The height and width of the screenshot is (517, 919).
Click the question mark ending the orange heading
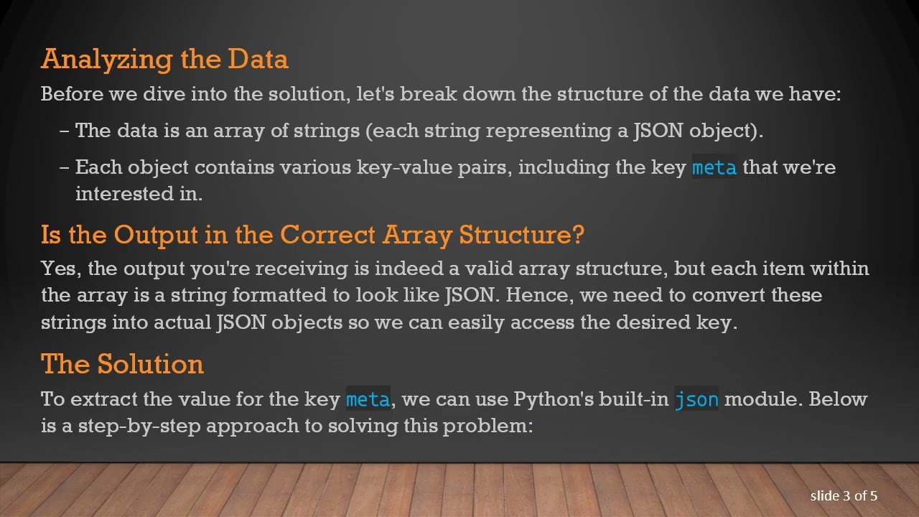tap(579, 235)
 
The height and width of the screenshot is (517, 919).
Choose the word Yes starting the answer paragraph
tap(60, 269)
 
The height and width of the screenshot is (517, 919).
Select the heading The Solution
tap(122, 364)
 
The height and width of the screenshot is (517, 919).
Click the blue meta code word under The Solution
tap(368, 399)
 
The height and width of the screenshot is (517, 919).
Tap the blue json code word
tap(696, 399)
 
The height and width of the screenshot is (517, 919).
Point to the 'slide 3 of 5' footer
tap(844, 495)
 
